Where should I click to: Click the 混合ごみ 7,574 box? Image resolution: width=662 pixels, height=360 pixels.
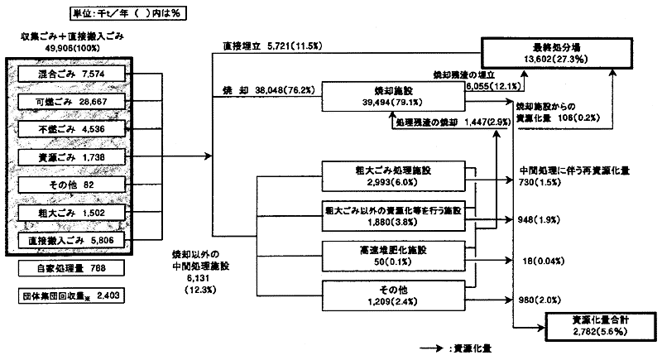[x=71, y=75]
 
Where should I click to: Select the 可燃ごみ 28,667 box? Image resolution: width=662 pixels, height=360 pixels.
[x=71, y=103]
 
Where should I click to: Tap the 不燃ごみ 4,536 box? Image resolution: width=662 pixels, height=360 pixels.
[x=71, y=129]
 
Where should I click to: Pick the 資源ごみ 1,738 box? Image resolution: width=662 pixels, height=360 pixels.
[x=71, y=156]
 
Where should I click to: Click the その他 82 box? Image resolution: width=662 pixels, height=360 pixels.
[x=71, y=184]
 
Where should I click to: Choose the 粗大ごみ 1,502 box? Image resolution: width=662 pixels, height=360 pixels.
[x=71, y=212]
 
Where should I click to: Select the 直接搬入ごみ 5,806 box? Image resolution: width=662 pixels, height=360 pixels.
[x=71, y=240]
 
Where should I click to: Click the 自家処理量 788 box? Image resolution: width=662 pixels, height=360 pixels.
[x=71, y=268]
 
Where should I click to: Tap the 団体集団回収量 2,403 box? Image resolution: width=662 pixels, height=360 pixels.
[x=71, y=295]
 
